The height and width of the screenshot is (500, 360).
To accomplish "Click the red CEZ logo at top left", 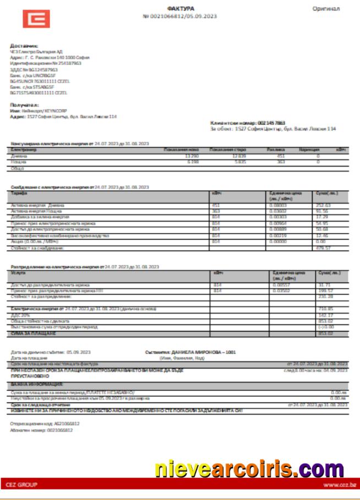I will (36, 19).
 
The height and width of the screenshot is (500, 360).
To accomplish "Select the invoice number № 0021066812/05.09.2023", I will (179, 17).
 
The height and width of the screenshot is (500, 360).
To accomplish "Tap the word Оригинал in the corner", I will (326, 9).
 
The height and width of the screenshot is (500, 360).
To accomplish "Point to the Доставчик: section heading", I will (24, 46).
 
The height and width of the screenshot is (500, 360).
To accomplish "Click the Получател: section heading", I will (24, 105).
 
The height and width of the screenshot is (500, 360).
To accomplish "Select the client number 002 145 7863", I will (271, 123).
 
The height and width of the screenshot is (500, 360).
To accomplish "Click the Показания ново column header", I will (181, 150).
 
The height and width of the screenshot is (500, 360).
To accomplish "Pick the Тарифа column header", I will (19, 194).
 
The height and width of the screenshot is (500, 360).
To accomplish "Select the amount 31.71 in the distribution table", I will (325, 285).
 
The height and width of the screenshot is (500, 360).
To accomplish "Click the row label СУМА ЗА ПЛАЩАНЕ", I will (33, 334).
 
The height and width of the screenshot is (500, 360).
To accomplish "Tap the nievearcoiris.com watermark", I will (249, 469).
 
